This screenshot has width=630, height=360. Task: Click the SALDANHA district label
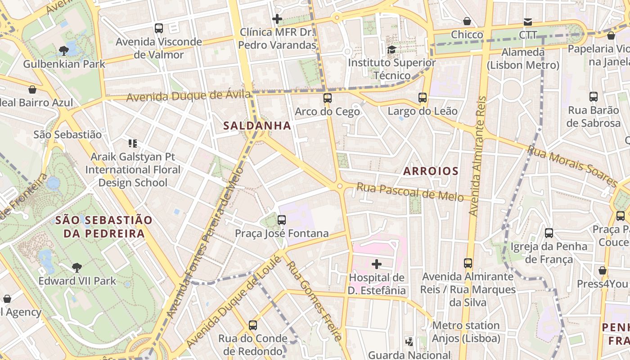click(x=257, y=126)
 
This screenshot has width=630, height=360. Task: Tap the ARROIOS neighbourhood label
click(x=431, y=171)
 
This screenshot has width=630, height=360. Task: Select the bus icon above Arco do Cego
click(x=327, y=98)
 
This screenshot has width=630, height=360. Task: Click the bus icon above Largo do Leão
click(x=422, y=97)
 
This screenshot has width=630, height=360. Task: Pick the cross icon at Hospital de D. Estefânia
click(x=377, y=264)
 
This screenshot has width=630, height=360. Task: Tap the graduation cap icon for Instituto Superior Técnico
click(x=391, y=49)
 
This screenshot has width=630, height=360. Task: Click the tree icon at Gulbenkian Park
click(x=64, y=50)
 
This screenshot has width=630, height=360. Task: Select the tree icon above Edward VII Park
click(x=77, y=268)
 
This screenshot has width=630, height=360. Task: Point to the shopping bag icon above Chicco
click(x=467, y=21)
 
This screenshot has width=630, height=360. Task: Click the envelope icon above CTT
click(x=527, y=22)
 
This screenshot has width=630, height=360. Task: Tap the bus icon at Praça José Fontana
click(x=282, y=220)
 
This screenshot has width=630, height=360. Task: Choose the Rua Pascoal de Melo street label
click(x=410, y=192)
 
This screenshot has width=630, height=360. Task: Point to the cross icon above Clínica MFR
click(x=277, y=19)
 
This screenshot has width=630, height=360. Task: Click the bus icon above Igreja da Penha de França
click(x=549, y=233)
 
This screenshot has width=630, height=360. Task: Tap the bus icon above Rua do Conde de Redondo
click(x=253, y=325)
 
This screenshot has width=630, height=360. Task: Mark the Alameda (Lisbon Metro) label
click(x=523, y=58)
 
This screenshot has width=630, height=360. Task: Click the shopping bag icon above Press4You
click(x=602, y=270)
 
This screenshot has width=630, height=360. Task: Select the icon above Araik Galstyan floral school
click(x=132, y=144)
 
